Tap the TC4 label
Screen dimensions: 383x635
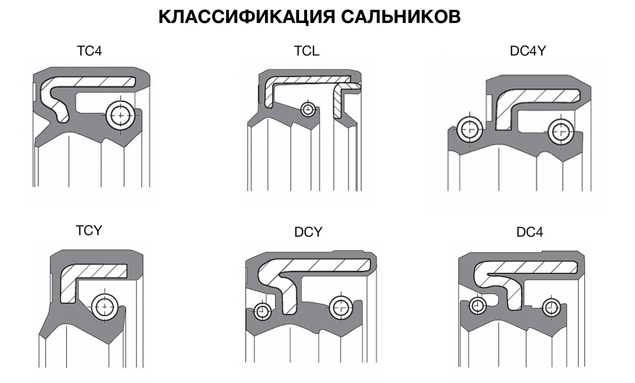(x=89, y=51)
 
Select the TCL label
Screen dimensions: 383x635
(x=306, y=51)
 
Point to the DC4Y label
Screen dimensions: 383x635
(x=527, y=51)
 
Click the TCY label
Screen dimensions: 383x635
(x=89, y=231)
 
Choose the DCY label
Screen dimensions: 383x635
(x=308, y=232)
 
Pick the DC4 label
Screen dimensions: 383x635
(x=529, y=232)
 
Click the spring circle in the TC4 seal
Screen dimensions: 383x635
(x=121, y=115)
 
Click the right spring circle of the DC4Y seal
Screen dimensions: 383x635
(x=561, y=131)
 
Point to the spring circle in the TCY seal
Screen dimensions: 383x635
(x=105, y=307)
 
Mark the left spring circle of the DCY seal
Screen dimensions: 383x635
(x=263, y=311)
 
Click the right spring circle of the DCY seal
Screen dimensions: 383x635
(x=341, y=307)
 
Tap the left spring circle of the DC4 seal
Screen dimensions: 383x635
(x=477, y=306)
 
